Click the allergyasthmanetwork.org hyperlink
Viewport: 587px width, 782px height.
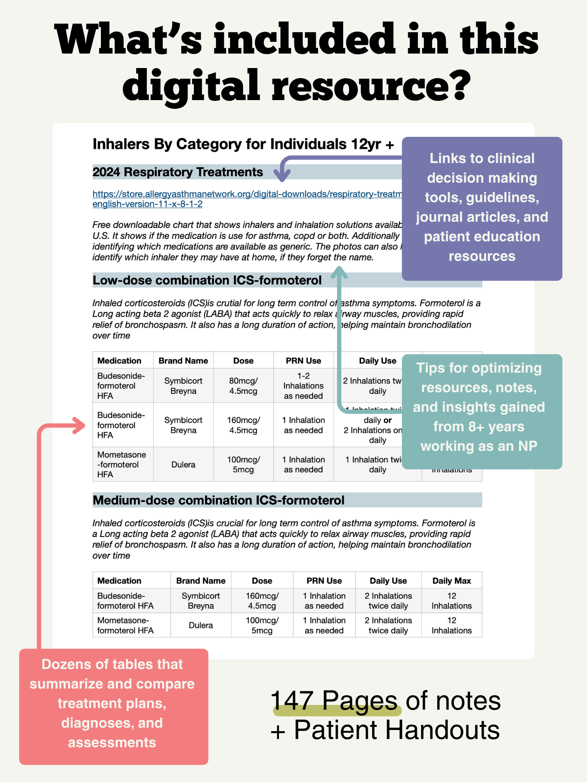(x=247, y=194)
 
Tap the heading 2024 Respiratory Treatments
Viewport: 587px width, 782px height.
(x=178, y=172)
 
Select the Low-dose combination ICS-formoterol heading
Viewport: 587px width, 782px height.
(x=207, y=280)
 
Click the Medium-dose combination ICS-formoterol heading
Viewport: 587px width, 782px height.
(x=218, y=500)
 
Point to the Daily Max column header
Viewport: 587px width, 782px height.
(x=452, y=581)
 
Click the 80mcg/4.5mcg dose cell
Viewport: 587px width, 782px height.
(x=243, y=386)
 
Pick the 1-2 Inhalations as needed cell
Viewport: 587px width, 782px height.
(x=303, y=386)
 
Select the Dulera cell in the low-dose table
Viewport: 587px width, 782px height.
(x=183, y=465)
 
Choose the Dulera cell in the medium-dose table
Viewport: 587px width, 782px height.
(x=201, y=625)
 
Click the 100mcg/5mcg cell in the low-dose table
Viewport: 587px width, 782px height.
(x=243, y=465)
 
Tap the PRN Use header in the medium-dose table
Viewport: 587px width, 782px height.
(x=324, y=581)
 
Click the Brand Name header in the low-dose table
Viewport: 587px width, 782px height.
(x=183, y=361)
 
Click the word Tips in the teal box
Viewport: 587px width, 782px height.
(x=430, y=368)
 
